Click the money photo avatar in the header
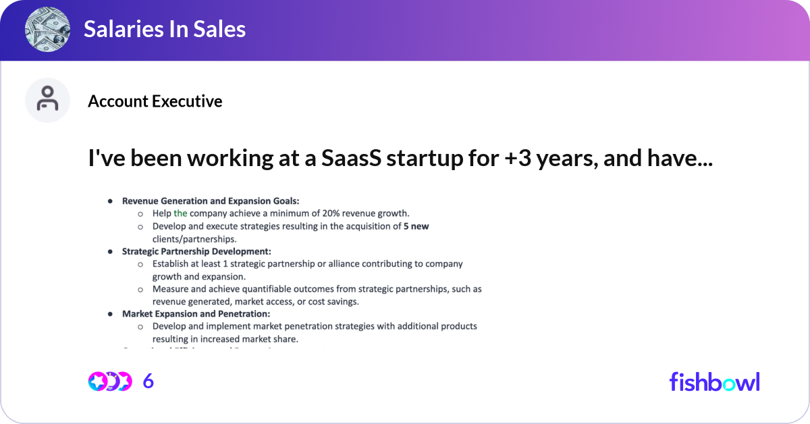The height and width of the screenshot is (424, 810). (47, 29)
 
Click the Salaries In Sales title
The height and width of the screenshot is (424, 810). (165, 29)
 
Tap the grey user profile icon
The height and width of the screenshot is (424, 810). (47, 100)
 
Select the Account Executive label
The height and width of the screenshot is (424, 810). (155, 101)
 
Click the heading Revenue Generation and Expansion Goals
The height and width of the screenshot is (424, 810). (210, 201)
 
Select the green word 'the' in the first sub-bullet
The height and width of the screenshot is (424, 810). (180, 213)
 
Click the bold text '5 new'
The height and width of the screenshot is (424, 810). (416, 226)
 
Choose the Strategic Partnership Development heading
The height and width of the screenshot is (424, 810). (196, 251)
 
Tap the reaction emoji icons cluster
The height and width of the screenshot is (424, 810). (109, 381)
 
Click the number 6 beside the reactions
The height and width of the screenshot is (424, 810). (148, 381)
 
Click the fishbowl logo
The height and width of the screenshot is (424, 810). (714, 381)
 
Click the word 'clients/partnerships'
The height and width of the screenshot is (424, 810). (194, 238)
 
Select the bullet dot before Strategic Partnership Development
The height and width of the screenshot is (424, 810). (110, 251)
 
